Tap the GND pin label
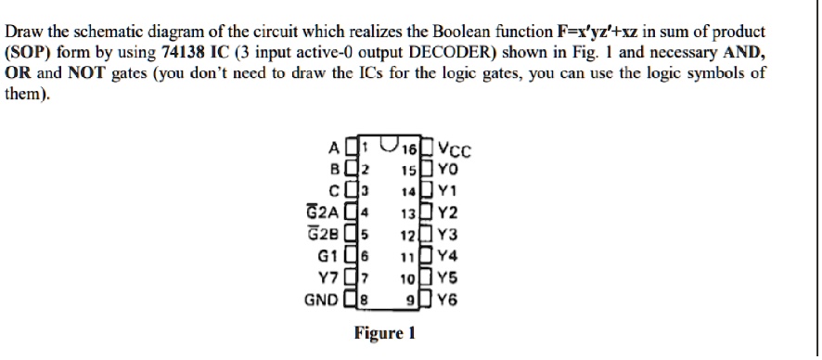tap(322, 300)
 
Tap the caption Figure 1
tap(384, 333)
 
